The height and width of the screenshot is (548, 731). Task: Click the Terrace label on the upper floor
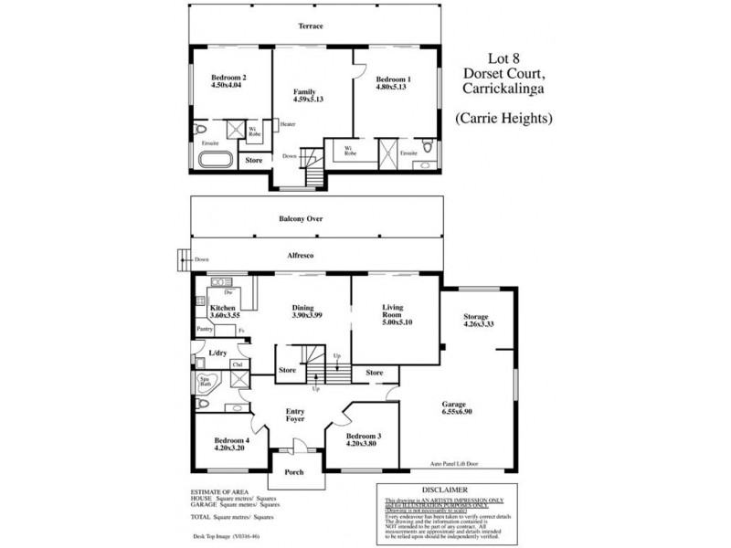[312, 27]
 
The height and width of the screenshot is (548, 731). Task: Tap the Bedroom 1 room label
[395, 78]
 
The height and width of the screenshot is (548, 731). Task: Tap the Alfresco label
[301, 256]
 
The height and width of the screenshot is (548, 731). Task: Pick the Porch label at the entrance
[294, 472]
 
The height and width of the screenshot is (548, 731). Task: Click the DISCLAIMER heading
[453, 490]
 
